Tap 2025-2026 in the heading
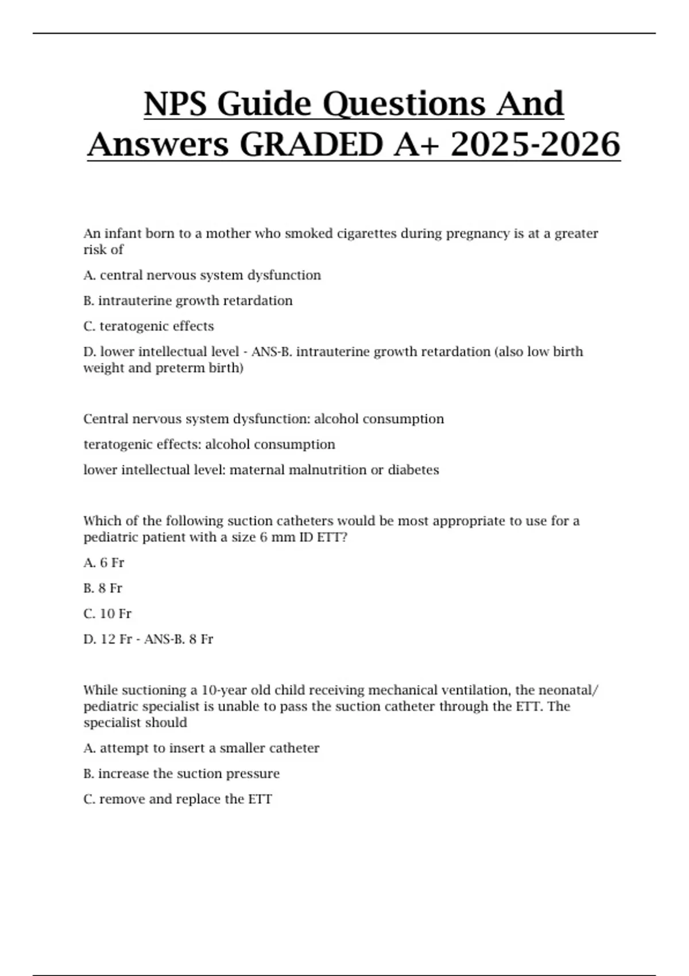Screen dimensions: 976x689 [x=535, y=144]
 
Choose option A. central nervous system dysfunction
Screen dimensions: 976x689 [x=202, y=276]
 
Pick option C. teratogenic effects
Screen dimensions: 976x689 [x=149, y=326]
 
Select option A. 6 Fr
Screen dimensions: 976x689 [x=104, y=563]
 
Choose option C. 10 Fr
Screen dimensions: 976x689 [x=107, y=614]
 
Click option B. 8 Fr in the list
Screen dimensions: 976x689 [x=103, y=588]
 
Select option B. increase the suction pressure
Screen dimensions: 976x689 [x=181, y=774]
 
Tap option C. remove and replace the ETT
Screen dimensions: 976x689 [x=178, y=799]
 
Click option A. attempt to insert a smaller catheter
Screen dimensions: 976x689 [x=202, y=748]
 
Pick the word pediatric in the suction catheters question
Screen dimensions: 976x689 [x=109, y=537]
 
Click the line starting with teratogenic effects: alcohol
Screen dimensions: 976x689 [x=210, y=444]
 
